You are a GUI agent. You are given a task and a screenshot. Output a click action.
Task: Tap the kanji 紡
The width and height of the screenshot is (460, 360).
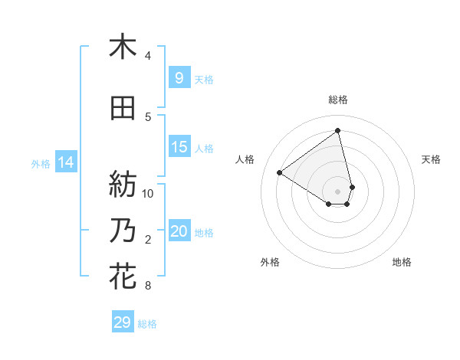tap(123, 183)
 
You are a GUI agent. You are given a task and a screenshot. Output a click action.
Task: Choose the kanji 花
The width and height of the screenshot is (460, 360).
tap(123, 276)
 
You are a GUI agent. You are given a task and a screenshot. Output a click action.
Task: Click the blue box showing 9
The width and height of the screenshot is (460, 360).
tap(179, 78)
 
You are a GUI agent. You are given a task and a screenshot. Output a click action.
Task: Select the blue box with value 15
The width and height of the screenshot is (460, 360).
tap(179, 147)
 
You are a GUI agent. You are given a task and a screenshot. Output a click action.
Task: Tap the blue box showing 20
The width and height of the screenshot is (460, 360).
tap(179, 231)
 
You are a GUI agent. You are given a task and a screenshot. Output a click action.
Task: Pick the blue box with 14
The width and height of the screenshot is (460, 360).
tap(66, 162)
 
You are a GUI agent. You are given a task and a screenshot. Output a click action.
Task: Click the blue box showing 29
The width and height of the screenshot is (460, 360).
tap(123, 322)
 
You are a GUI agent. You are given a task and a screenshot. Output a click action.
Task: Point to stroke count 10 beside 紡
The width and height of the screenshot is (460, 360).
tap(149, 193)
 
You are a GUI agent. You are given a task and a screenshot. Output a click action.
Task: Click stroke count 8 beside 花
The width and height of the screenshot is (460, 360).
tap(148, 286)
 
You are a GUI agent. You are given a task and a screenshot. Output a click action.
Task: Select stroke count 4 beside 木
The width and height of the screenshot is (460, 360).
tap(148, 56)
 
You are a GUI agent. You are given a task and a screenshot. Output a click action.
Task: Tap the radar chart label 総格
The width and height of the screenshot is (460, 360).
tap(338, 100)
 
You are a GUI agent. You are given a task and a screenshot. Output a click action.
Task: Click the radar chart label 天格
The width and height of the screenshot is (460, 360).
tap(431, 159)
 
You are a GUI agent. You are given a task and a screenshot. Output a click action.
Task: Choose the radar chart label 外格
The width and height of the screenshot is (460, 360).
tap(270, 262)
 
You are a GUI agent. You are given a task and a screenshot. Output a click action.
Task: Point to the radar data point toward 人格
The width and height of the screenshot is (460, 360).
tap(280, 172)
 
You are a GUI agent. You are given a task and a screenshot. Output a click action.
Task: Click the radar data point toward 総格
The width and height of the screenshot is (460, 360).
tap(338, 130)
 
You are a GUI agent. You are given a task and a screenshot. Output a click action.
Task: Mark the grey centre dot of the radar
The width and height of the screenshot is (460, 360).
tap(338, 191)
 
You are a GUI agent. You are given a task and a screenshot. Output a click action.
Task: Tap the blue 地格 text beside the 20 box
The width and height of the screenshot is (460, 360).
tap(204, 232)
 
